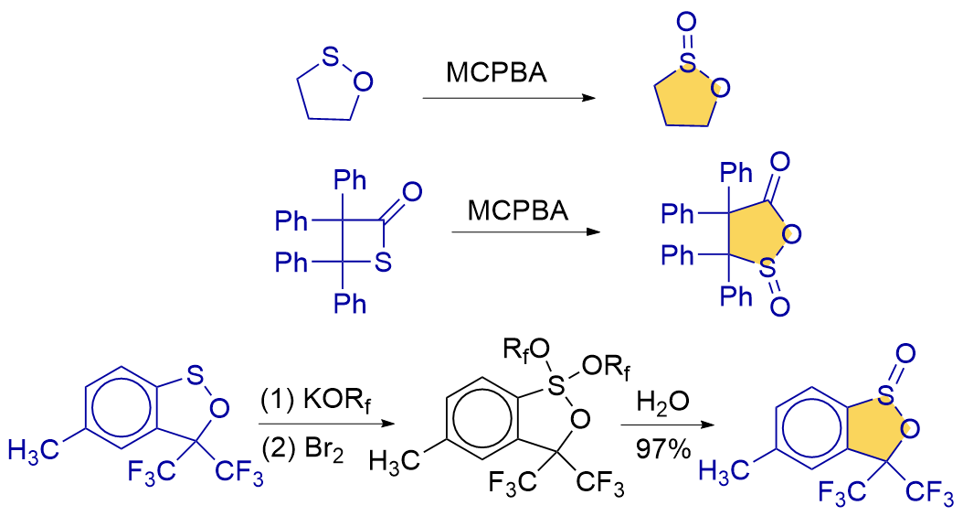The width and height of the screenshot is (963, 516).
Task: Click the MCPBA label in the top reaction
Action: [x=497, y=72]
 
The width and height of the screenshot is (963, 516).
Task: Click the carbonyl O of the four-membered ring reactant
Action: [x=412, y=192]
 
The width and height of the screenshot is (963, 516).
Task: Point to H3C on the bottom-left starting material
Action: [x=35, y=448]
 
